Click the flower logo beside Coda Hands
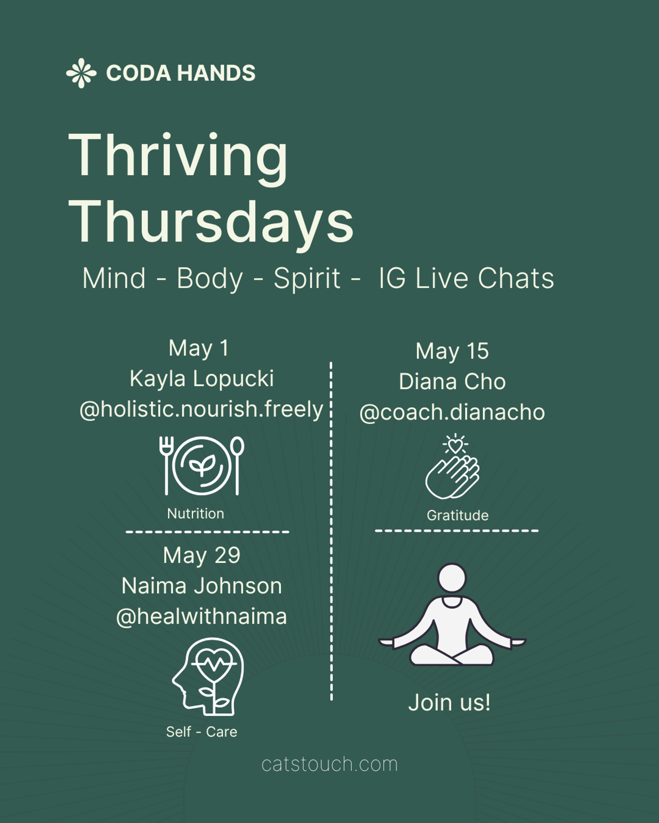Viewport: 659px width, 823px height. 81,73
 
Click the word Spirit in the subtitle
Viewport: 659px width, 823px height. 307,278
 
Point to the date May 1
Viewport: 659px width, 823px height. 199,348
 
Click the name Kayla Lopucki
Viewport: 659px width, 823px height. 201,379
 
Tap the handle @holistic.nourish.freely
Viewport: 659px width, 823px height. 201,409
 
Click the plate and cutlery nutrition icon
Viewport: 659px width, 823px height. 202,466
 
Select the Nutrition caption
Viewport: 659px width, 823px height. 195,514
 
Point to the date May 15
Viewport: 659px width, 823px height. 452,351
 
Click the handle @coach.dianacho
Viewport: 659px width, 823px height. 452,412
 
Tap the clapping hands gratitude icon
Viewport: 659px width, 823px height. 453,467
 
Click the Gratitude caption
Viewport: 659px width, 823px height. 458,515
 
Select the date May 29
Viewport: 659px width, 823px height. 201,555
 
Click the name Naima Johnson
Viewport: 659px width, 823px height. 201,586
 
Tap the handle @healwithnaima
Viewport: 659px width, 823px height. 201,617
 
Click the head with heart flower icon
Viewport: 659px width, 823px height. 208,676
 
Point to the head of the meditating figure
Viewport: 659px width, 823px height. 452,578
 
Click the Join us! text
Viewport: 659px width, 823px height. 450,703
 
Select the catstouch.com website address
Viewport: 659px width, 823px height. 329,764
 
